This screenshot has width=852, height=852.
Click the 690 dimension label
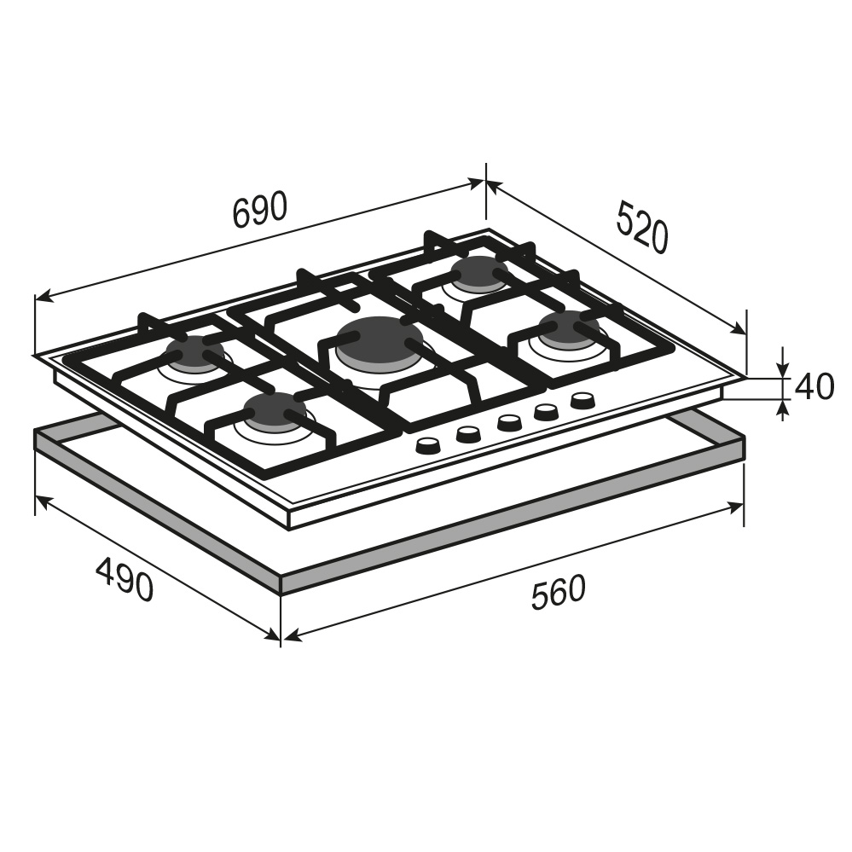pyautogui.click(x=259, y=210)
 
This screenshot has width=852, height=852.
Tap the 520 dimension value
pyautogui.click(x=642, y=227)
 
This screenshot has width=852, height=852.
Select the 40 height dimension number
pyautogui.click(x=814, y=387)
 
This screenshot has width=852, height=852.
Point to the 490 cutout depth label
pyautogui.click(x=124, y=580)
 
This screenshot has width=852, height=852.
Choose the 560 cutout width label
pyautogui.click(x=559, y=592)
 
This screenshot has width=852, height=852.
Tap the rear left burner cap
pyautogui.click(x=194, y=351)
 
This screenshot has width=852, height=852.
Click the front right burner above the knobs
pyautogui.click(x=568, y=327)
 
